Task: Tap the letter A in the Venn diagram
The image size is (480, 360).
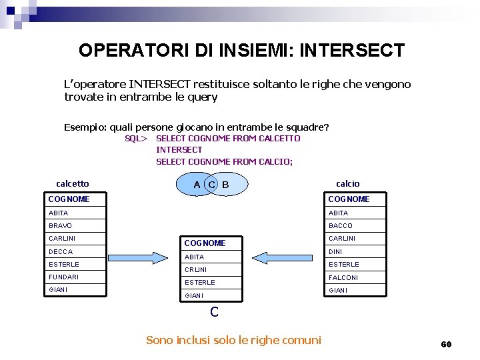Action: (x=197, y=185)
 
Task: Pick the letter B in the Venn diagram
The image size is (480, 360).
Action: (x=225, y=185)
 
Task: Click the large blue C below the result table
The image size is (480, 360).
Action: (x=214, y=311)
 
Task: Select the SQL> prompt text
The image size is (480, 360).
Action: (x=136, y=139)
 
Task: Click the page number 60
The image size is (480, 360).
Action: (x=446, y=344)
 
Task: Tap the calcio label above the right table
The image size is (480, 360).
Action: (x=347, y=183)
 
